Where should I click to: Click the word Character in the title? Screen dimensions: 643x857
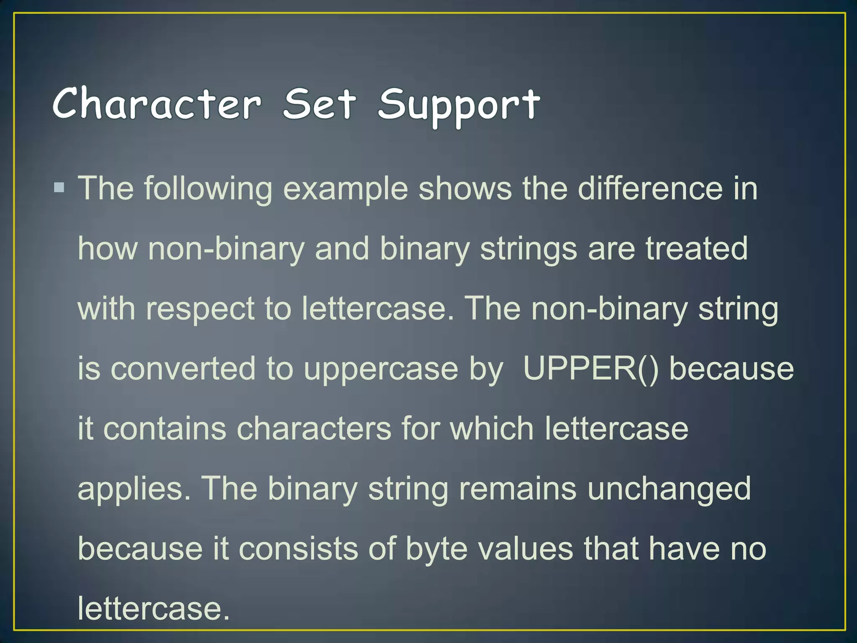(x=157, y=104)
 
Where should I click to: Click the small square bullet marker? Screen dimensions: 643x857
(x=59, y=187)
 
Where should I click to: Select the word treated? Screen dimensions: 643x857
(x=696, y=249)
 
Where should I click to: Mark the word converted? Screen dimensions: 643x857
(x=183, y=369)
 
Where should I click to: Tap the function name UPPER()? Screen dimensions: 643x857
(x=590, y=369)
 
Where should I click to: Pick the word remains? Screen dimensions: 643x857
(x=518, y=489)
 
